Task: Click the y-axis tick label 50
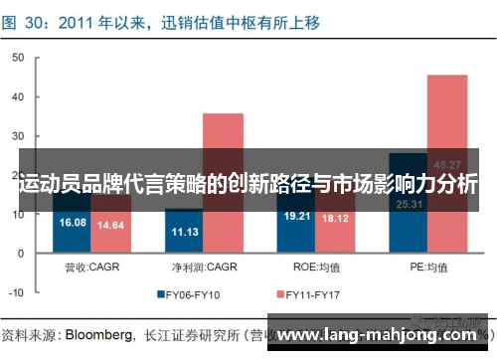pos(16,59)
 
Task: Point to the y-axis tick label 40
pos(16,97)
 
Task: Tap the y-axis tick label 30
pos(16,136)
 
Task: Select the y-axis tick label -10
pos(14,292)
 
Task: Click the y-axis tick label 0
pos(19,253)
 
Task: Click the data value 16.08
pos(74,223)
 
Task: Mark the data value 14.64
pos(111,226)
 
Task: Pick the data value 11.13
pos(185,231)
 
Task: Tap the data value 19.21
pos(297,216)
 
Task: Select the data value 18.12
pos(335,218)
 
